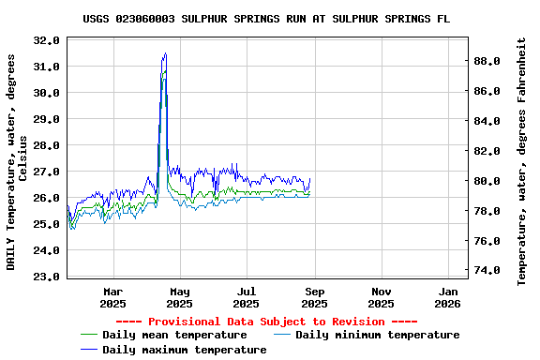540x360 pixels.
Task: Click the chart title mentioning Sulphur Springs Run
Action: [x=266, y=19]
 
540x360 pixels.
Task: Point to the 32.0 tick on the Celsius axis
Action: [x=46, y=40]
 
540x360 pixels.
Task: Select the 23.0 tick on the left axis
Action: [x=46, y=277]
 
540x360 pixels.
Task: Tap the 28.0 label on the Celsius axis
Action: [x=46, y=145]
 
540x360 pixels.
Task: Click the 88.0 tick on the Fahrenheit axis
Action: [x=488, y=61]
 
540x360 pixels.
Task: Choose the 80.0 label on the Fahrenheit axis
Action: [x=488, y=181]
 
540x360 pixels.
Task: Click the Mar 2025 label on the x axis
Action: [x=112, y=297]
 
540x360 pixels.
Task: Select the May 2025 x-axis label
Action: [x=179, y=297]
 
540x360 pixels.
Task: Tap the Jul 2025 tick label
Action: [x=247, y=297]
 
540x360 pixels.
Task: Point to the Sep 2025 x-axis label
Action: [x=314, y=297]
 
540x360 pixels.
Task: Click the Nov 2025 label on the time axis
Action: [x=381, y=297]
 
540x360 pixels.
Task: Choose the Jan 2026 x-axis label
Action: [x=448, y=297]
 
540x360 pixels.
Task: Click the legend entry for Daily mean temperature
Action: [x=174, y=335]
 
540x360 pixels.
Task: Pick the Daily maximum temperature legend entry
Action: [x=184, y=350]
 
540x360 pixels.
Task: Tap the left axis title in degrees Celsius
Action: [x=17, y=161]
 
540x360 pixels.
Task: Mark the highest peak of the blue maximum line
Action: [x=165, y=53]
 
